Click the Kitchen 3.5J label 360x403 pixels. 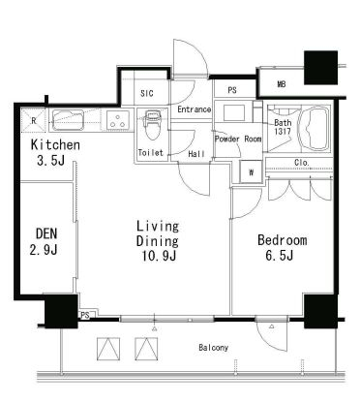click(x=55, y=152)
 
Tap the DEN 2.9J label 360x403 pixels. click(x=45, y=241)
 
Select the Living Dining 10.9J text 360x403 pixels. click(x=158, y=241)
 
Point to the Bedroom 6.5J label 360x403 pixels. click(x=282, y=248)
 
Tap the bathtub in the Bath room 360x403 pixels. click(x=314, y=128)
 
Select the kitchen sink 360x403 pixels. click(x=68, y=120)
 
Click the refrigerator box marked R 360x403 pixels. click(x=34, y=121)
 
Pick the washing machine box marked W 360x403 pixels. click(x=251, y=172)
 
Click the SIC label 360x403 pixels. click(x=147, y=94)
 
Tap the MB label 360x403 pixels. click(x=282, y=84)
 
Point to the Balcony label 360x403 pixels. click(x=213, y=348)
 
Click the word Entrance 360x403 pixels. click(x=195, y=109)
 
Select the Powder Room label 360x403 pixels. click(x=238, y=139)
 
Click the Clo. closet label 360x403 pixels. click(x=302, y=163)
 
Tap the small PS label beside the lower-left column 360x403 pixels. click(x=85, y=315)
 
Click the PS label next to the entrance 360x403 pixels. click(x=232, y=90)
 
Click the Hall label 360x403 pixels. click(x=196, y=154)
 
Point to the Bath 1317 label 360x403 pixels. click(x=283, y=127)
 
